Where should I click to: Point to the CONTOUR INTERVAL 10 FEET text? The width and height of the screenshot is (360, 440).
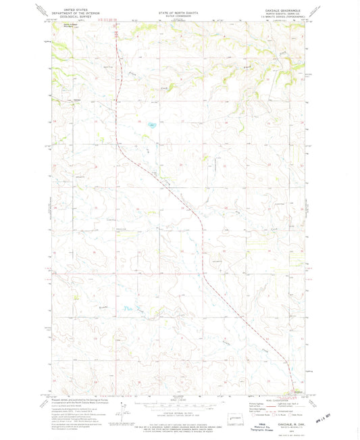(x=174, y=407)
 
